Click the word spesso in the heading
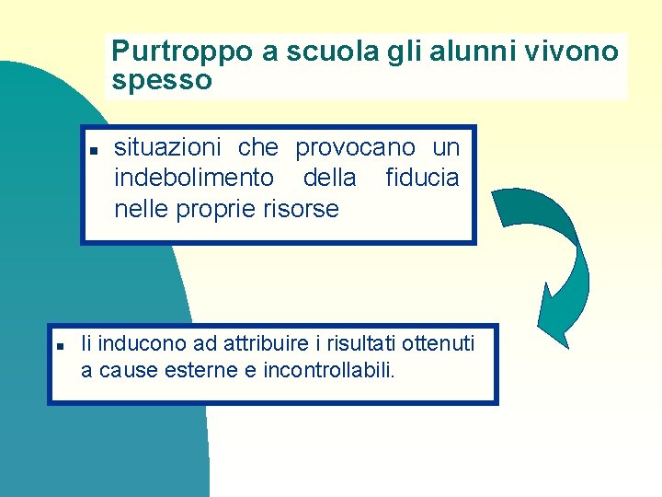point(162,80)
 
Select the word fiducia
point(421,178)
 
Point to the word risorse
point(300,209)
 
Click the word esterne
point(211,372)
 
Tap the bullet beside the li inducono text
point(58,346)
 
